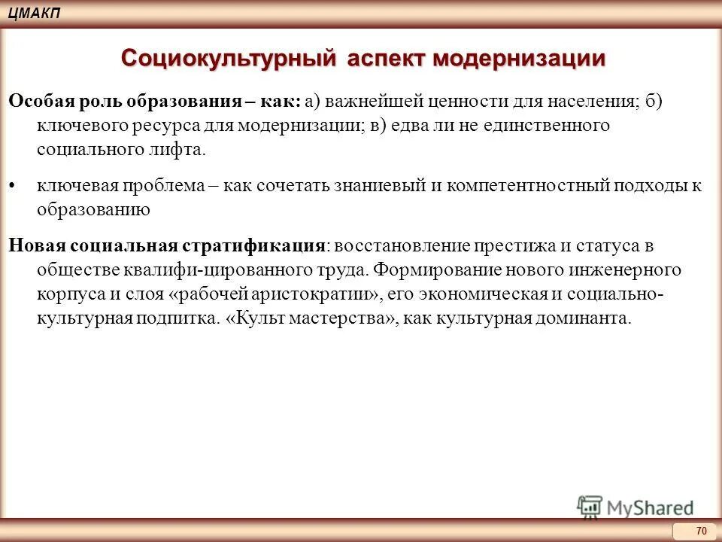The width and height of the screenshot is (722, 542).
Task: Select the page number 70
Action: [702, 531]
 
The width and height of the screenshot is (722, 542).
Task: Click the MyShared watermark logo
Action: [636, 507]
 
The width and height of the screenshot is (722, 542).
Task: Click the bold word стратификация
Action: [252, 246]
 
